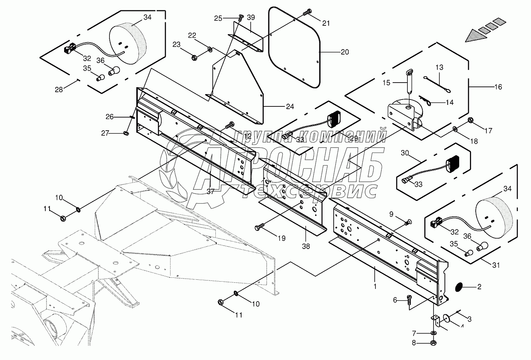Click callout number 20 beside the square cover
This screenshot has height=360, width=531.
pos(345,52)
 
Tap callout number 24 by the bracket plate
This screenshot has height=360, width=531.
pos(290,107)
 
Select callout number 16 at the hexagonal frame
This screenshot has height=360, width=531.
pos(498,87)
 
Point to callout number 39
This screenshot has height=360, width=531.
pos(251,18)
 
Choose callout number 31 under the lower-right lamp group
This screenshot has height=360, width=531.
pos(497,265)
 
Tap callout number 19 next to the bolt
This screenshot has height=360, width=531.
pos(281,239)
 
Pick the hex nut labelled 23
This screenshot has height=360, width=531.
pos(194,58)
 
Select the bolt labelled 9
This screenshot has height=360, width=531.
pos(407,222)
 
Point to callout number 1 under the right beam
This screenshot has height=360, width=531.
pos(375,286)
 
